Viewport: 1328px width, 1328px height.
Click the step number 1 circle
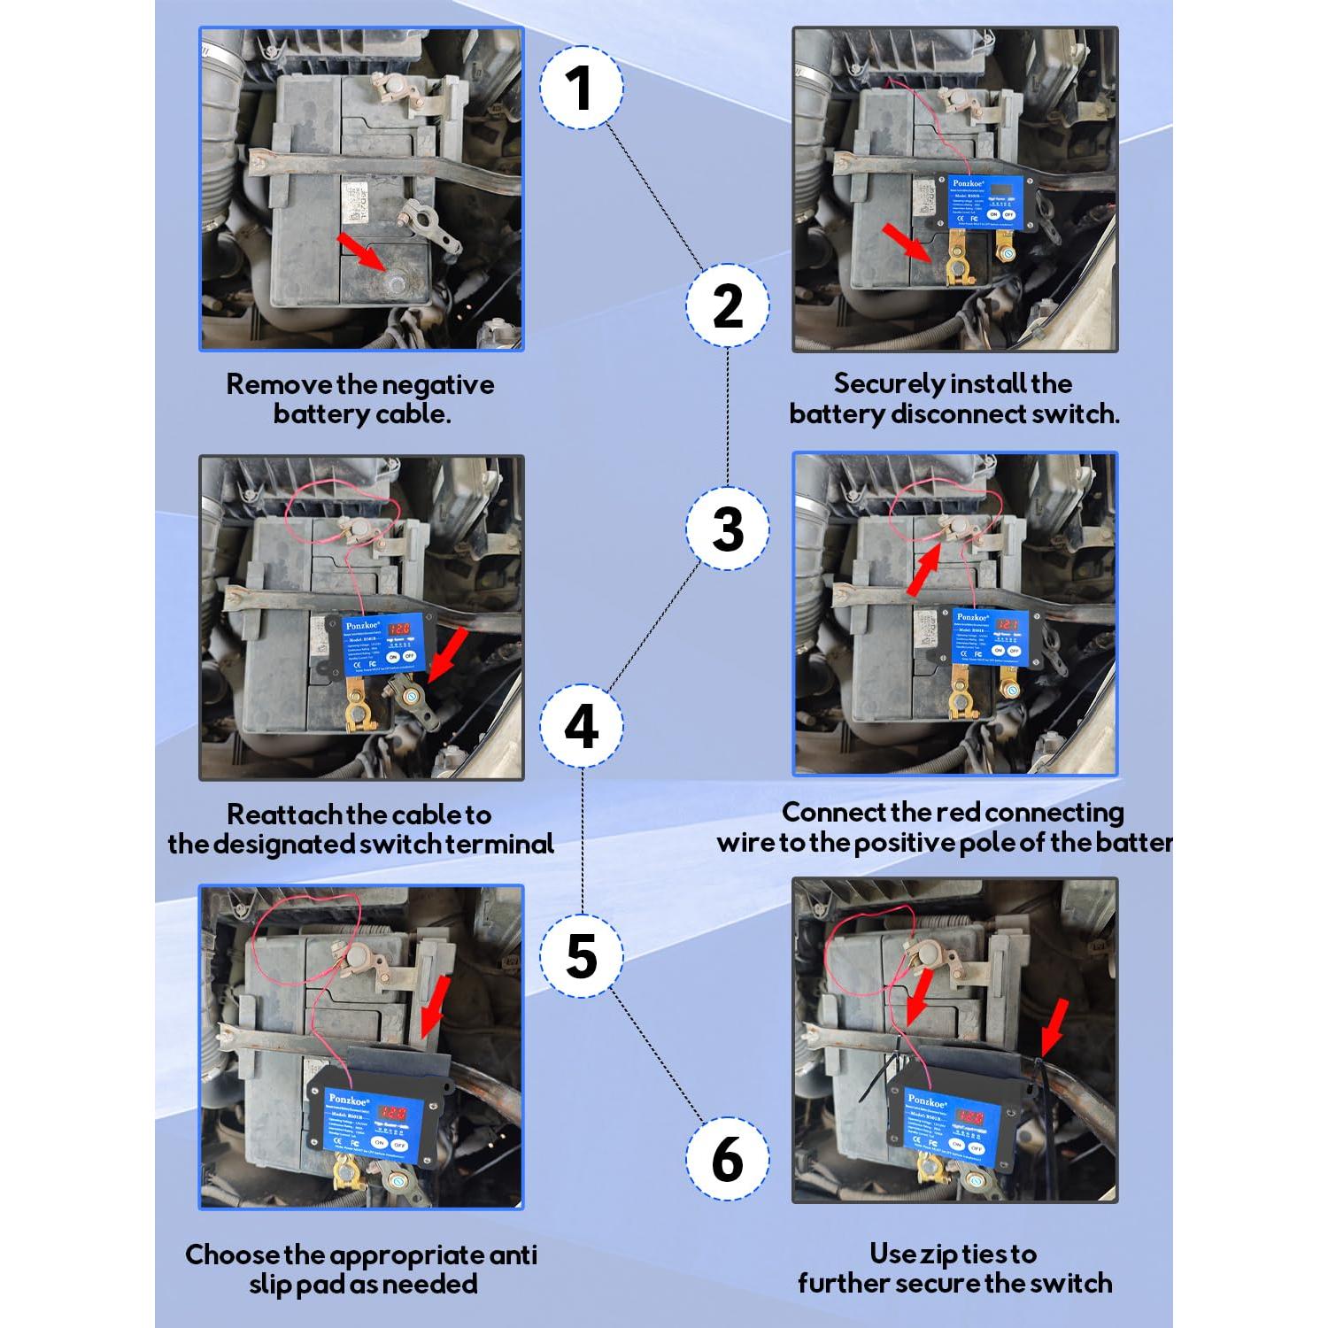pyautogui.click(x=581, y=88)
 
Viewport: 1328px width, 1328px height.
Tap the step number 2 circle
pyautogui.click(x=727, y=305)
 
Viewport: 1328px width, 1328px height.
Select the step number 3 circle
pyautogui.click(x=727, y=529)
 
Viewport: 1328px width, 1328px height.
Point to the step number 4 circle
pyautogui.click(x=581, y=727)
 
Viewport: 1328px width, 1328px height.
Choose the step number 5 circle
pyautogui.click(x=581, y=956)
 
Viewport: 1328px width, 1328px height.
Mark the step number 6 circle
pyautogui.click(x=727, y=1158)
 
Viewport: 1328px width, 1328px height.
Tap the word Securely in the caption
pyautogui.click(x=889, y=383)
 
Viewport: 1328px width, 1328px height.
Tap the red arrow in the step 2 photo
pyautogui.click(x=906, y=243)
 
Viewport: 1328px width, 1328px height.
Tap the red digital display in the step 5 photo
pyautogui.click(x=392, y=1111)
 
